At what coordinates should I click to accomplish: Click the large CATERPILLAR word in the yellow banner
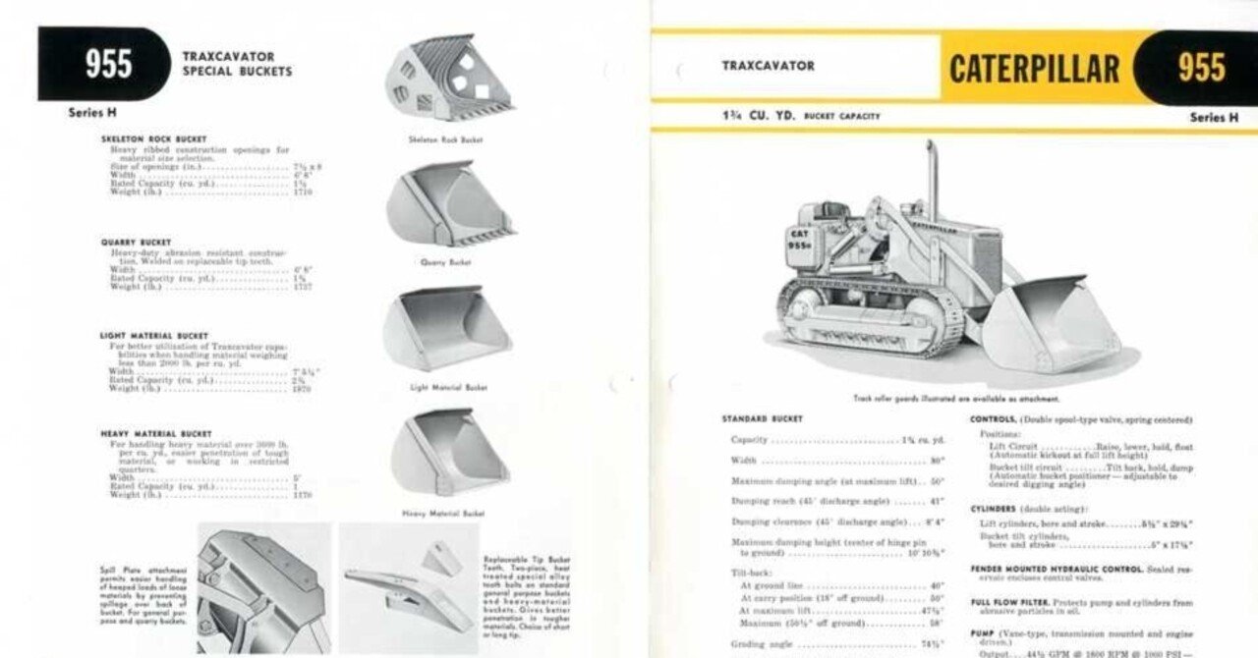[x=1034, y=68]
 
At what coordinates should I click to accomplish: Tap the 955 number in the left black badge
[x=108, y=64]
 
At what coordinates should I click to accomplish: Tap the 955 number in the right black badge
[x=1202, y=68]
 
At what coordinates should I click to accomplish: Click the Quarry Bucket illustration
[x=447, y=204]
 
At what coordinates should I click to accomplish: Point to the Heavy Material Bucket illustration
[x=447, y=453]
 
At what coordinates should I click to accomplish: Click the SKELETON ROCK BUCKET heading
[x=154, y=139]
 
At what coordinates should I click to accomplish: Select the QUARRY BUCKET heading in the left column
[x=136, y=242]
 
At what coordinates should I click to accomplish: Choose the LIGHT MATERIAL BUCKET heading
[x=154, y=336]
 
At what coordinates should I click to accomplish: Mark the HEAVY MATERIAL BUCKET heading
[x=155, y=433]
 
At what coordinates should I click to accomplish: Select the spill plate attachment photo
[x=263, y=587]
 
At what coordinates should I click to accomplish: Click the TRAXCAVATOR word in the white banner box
[x=769, y=66]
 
